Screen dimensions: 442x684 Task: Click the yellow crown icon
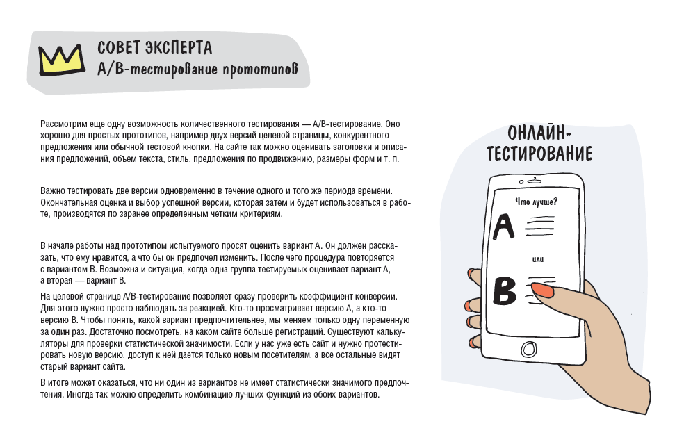60,60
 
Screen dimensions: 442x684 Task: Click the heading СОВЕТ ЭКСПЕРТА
154,48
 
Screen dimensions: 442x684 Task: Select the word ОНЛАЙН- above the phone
539,133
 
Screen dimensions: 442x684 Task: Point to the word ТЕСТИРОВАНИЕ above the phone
539,153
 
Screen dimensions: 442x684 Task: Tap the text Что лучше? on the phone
535,202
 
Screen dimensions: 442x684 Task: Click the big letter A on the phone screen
503,226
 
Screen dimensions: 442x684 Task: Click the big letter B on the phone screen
505,291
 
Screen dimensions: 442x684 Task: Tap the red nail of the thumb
543,290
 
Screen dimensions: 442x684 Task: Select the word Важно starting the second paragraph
53,190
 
